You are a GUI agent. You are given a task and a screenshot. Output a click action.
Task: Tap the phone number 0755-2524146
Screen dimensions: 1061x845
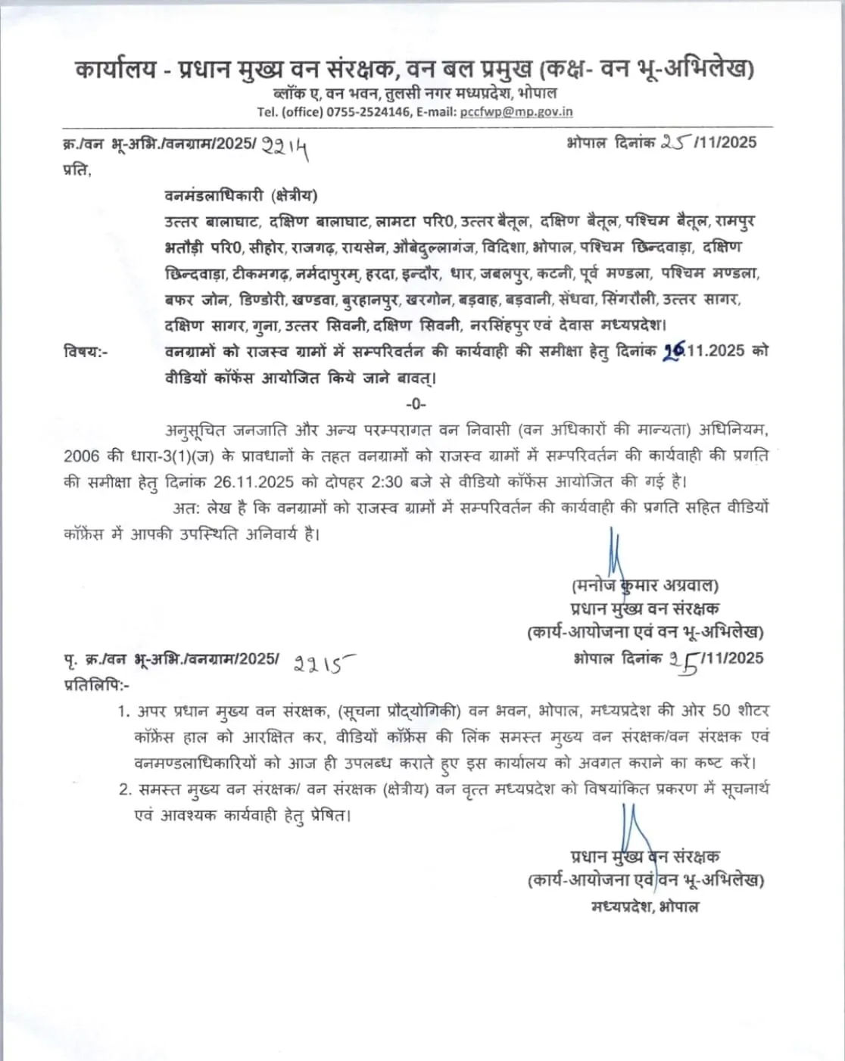coord(369,112)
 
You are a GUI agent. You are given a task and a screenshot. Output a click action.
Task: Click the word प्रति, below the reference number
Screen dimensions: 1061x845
coord(76,170)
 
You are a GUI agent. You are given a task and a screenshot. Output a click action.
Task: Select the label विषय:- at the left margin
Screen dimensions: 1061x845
coord(86,351)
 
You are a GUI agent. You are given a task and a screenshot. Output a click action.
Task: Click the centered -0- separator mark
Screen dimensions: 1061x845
coord(416,403)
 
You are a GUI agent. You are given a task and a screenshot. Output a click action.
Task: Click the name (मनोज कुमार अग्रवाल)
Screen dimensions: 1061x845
coord(645,585)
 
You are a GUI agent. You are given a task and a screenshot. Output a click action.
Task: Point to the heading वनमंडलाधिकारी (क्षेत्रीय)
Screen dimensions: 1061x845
coord(241,195)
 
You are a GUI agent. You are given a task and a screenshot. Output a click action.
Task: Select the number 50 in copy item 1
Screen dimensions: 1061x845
coord(721,711)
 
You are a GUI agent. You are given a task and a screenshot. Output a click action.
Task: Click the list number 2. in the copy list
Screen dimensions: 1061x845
coord(125,789)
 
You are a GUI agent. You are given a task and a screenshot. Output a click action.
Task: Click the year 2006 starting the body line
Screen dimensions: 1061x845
coord(82,456)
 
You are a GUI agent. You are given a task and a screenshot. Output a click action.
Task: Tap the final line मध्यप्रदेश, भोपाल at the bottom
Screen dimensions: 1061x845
coord(645,906)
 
